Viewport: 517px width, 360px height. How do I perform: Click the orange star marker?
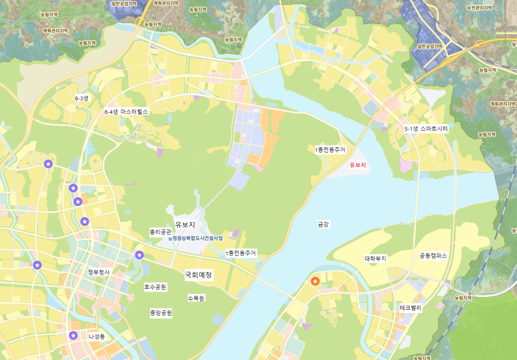(315, 281)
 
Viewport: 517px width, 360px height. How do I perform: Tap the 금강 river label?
(323, 224)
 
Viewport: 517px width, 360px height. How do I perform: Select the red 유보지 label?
(358, 165)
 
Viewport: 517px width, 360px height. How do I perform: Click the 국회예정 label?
(199, 275)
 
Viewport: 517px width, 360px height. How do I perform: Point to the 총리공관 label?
(160, 232)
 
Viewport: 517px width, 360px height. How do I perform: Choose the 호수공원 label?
(155, 287)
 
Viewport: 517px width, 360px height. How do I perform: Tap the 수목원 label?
(196, 298)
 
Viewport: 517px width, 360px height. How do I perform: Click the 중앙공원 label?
(161, 313)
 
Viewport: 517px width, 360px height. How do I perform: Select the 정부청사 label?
(98, 272)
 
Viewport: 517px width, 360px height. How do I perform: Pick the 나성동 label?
(97, 336)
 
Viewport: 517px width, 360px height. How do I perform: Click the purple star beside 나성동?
(73, 335)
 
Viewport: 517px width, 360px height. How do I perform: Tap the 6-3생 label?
(82, 98)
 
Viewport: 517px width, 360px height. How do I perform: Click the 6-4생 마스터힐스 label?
(126, 112)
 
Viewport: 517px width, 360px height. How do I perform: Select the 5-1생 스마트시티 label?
(426, 129)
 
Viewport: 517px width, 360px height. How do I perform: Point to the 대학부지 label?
(376, 259)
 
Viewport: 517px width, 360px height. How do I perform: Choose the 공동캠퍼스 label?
(434, 256)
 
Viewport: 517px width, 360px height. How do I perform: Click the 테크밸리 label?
(411, 308)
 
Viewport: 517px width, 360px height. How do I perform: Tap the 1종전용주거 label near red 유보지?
(330, 150)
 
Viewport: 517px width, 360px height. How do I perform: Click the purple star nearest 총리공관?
(140, 255)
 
